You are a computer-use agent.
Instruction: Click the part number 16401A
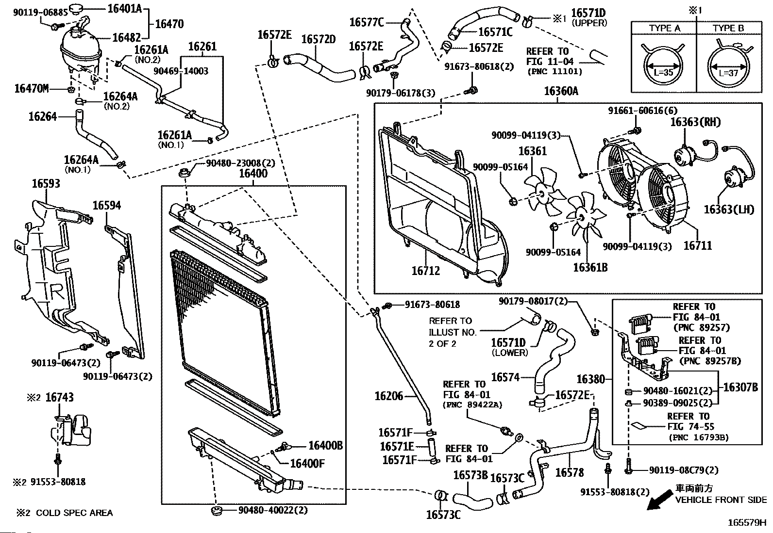pos(125,8)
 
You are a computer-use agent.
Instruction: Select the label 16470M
pos(32,88)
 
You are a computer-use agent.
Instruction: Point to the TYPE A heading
pos(665,28)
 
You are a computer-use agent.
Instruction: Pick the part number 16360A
pos(561,91)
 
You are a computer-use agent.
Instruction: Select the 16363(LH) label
pos(729,209)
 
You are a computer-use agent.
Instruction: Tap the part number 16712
pos(425,271)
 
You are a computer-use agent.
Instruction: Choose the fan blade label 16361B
pos(590,267)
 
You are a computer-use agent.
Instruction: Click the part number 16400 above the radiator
pos(253,173)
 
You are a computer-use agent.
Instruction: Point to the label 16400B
pos(325,446)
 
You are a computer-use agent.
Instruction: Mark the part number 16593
pos(46,183)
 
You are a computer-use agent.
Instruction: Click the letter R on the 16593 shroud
pos(57,291)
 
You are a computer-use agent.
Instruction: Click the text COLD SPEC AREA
pos(74,513)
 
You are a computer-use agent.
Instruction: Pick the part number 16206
pos(389,396)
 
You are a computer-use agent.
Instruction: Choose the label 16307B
pos(740,387)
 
